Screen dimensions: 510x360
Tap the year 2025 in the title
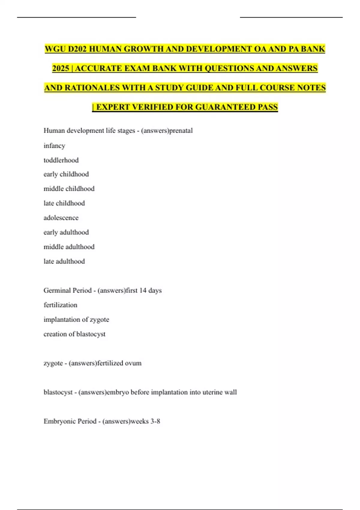coord(61,68)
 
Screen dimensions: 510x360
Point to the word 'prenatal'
coord(181,130)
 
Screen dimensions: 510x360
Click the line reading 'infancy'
coord(54,145)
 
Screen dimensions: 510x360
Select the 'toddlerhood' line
coord(61,160)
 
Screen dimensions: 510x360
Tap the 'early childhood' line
coord(66,174)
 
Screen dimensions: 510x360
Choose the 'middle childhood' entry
coord(69,189)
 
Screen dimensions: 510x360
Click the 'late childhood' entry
coord(64,203)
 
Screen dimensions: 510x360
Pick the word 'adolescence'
coord(61,218)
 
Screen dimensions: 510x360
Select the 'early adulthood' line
coord(66,232)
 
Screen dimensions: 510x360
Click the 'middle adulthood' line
coord(69,247)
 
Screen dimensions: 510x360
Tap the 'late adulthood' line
coord(64,261)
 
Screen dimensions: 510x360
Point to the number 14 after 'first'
coord(143,290)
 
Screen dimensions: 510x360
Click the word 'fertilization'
coord(60,305)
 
